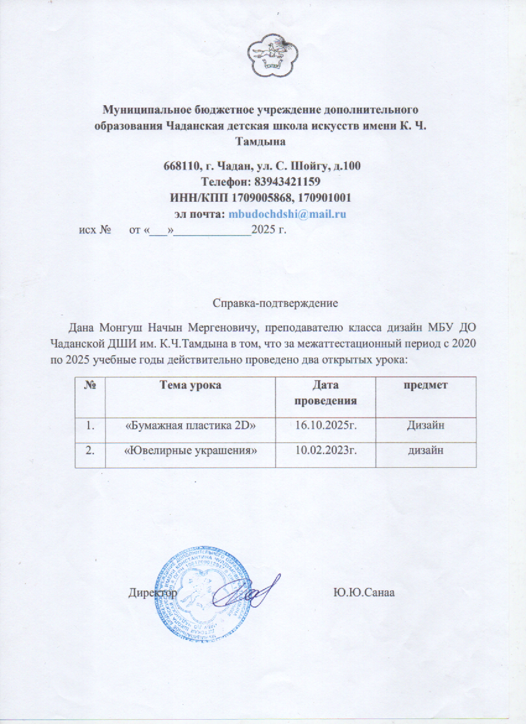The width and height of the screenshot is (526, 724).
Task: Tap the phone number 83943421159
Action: (x=287, y=182)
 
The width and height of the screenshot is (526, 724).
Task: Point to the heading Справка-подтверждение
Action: (x=275, y=303)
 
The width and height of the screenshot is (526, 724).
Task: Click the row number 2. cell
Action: (x=90, y=450)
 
